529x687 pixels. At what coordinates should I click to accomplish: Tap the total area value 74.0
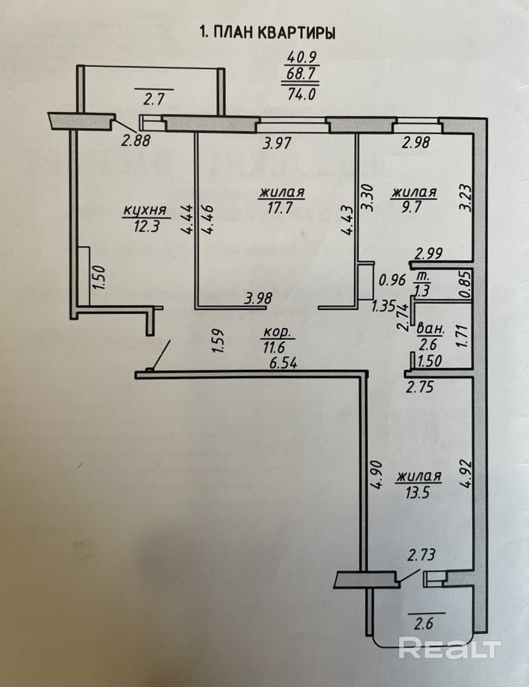pos(302,94)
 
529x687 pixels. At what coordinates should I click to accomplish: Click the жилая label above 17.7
pos(282,192)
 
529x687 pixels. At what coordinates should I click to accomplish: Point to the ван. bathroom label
pos(427,326)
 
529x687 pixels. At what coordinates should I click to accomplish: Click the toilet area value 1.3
pos(423,290)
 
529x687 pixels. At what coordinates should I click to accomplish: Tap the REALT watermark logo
pos(450,648)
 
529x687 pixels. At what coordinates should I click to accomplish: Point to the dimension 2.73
pos(421,555)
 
